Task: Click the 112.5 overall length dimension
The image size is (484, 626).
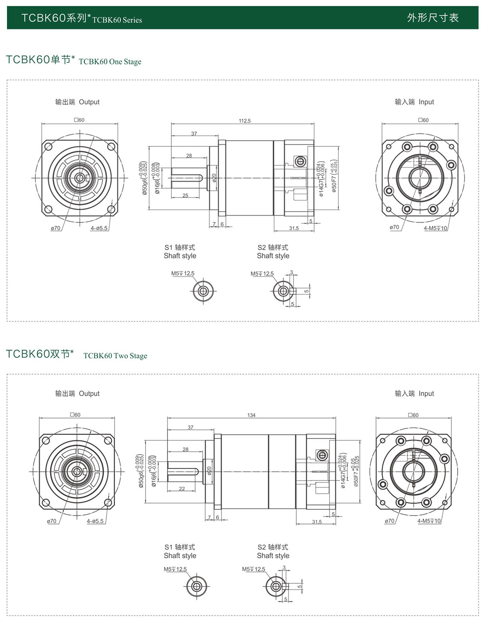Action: [244, 121]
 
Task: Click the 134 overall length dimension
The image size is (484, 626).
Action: [251, 415]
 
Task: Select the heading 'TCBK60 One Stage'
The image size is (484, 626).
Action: [110, 62]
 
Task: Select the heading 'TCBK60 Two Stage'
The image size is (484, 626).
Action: [115, 356]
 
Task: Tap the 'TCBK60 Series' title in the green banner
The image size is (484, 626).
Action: [117, 20]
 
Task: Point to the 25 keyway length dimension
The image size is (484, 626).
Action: [185, 195]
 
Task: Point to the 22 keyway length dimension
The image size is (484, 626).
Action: [182, 489]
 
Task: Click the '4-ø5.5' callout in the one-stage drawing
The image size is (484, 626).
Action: [99, 228]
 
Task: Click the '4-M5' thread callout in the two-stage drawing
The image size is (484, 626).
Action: [429, 521]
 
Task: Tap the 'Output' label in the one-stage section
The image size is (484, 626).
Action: [89, 102]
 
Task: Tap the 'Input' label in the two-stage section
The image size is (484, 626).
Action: [426, 393]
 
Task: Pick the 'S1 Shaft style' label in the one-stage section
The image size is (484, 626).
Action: [180, 252]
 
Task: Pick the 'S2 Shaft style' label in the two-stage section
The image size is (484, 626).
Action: [273, 551]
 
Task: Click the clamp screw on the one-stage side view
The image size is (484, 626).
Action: [299, 162]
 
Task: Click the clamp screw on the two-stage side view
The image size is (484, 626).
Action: [321, 455]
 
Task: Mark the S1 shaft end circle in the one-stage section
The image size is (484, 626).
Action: [203, 290]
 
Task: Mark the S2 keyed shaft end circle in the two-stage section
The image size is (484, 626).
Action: [276, 586]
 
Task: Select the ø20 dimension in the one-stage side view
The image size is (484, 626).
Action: [214, 177]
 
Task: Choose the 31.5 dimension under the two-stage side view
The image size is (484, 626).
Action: [317, 522]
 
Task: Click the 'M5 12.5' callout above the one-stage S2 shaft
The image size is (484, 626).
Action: [262, 274]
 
